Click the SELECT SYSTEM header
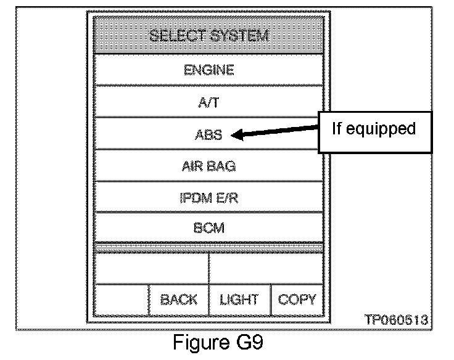(209, 36)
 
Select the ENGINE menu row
(209, 70)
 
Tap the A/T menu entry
(209, 102)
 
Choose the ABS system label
(209, 134)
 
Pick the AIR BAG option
(209, 166)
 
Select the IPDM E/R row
(209, 197)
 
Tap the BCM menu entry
(209, 227)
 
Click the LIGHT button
(239, 300)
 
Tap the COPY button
(297, 300)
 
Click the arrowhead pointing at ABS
(236, 136)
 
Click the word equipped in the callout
(386, 129)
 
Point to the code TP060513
(397, 320)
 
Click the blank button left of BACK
(121, 300)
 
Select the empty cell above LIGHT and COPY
(266, 268)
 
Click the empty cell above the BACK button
(151, 268)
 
